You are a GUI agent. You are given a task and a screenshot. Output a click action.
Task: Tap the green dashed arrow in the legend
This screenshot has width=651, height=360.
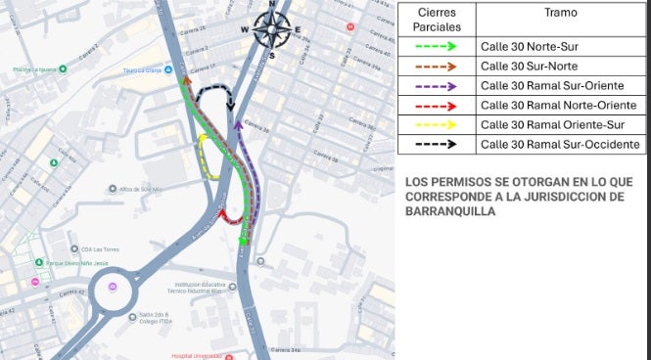[x=437, y=46]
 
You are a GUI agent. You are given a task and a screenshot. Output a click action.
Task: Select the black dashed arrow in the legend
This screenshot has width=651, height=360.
[x=437, y=144]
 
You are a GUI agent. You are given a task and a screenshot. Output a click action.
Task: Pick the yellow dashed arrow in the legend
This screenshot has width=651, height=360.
[x=437, y=124]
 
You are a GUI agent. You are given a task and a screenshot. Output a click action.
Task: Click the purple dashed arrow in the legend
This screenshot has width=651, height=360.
[x=437, y=85]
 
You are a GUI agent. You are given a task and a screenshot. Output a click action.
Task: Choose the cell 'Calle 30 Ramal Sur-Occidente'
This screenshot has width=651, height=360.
[x=560, y=144]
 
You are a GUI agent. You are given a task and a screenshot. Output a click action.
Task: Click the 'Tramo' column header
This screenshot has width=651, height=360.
[x=560, y=13]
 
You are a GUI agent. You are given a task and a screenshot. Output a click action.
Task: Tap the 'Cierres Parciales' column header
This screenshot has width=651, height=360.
[x=437, y=20]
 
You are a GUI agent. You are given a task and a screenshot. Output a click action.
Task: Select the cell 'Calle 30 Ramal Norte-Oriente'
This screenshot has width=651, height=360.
[x=558, y=105]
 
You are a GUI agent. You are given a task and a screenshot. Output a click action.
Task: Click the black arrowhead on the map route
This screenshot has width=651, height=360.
[x=231, y=108]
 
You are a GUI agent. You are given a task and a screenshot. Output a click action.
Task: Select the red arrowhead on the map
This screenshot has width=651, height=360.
[x=222, y=213]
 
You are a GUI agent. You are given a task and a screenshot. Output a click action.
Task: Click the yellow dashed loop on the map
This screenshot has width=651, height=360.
[x=205, y=157]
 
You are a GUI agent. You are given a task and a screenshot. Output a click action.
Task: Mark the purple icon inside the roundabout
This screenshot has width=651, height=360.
[x=114, y=287]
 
